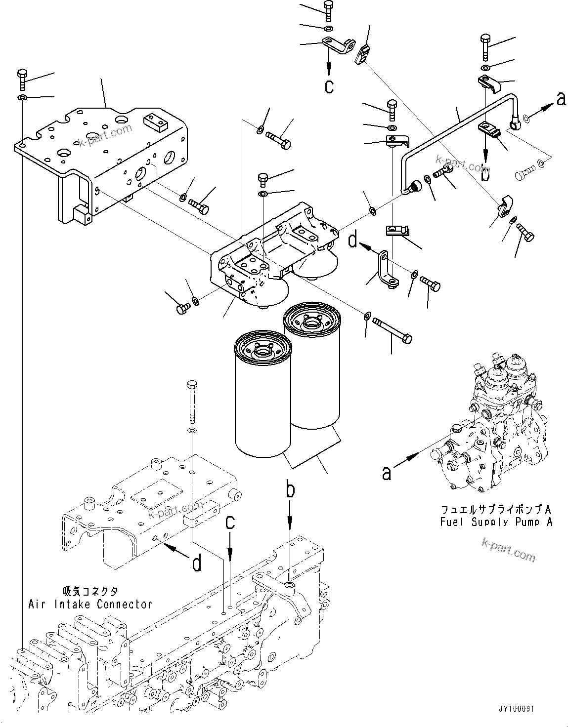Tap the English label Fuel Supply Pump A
tap(496, 522)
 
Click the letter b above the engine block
tap(291, 491)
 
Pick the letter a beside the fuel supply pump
tap(386, 473)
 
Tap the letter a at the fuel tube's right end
tap(560, 99)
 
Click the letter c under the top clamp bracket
tap(329, 86)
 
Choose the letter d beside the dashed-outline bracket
tap(196, 563)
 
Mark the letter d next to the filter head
tap(352, 241)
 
